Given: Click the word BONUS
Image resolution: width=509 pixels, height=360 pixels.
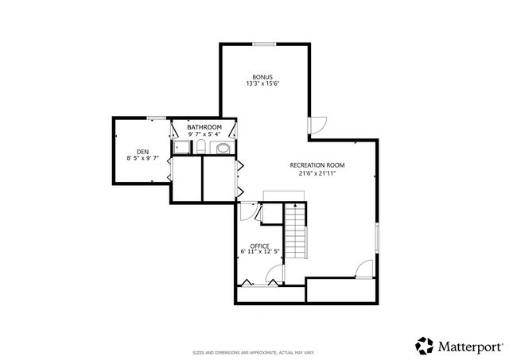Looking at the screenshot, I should coord(263,76).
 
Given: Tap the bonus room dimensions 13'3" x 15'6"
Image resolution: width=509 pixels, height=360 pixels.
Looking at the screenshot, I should coord(263,83).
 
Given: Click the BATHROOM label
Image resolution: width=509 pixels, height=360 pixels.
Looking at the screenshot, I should coord(204,127).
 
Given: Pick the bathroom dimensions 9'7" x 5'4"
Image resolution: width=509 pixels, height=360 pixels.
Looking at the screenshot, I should coord(204,134).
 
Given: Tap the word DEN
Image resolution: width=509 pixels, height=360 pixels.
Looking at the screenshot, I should coord(142,151).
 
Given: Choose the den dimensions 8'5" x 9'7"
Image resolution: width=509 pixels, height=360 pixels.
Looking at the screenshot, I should coord(142,158).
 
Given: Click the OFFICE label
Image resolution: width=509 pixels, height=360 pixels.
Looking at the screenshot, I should coord(259,246).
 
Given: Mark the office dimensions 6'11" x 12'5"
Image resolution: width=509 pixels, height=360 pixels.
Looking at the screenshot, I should coord(259,252).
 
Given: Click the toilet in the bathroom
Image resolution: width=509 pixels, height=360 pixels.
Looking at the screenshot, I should coord(201,149).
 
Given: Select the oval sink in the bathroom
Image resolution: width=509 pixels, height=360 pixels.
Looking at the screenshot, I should coord(223,149).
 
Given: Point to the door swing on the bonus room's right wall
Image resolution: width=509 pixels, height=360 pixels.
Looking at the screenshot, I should coord(317,125).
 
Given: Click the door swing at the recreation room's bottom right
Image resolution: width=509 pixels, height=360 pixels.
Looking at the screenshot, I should coord(364,269).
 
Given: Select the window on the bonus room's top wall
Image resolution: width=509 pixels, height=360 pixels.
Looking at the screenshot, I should coord(264,43).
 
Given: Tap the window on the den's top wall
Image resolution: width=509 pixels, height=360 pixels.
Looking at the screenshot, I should coord(157,118).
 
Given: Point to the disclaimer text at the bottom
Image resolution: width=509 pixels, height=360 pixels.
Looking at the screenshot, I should coord(254,351).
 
